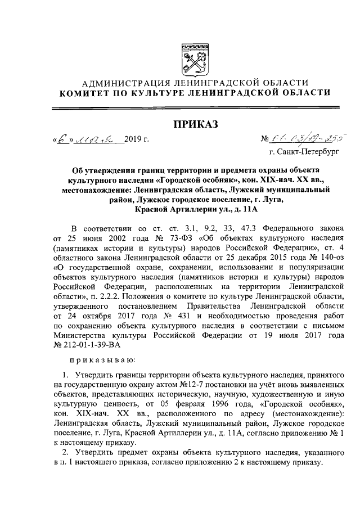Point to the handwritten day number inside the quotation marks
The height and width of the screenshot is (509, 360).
tap(66, 137)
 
